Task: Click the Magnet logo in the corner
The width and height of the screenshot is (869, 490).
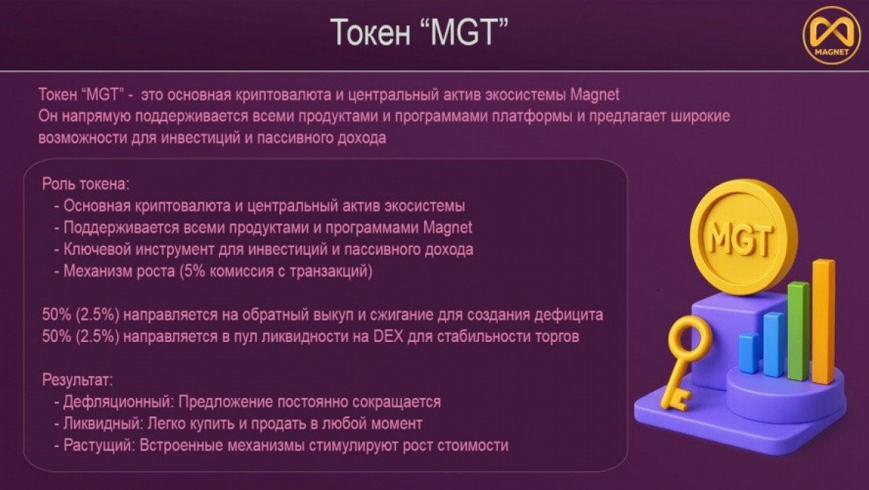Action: [832, 36]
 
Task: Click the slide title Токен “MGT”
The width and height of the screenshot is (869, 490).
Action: [419, 32]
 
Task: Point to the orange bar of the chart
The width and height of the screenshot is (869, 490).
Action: [824, 322]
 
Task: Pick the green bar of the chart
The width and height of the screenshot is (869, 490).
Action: [798, 331]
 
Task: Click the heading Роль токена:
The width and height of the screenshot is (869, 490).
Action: [86, 184]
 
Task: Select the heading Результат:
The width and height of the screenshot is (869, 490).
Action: [77, 380]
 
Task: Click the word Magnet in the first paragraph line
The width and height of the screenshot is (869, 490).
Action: [595, 94]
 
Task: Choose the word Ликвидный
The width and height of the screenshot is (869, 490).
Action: [103, 423]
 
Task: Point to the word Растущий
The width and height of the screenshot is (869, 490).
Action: [100, 445]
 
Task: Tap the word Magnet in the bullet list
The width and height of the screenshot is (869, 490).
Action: [448, 228]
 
